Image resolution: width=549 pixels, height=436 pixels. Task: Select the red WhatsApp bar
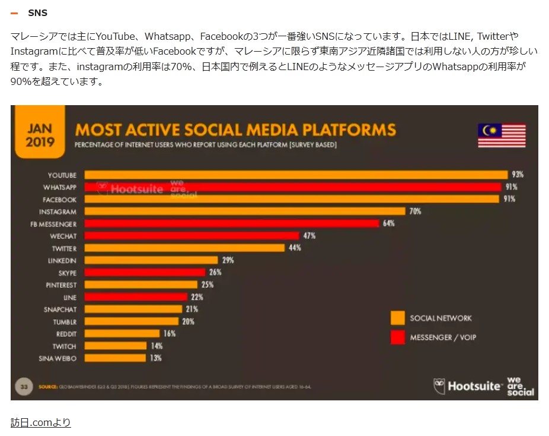[292, 187]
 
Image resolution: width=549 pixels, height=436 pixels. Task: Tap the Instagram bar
[244, 211]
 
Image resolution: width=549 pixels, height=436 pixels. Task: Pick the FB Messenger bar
[231, 223]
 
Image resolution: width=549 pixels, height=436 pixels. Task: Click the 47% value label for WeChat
[309, 236]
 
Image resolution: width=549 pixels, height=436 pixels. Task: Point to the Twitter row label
[64, 248]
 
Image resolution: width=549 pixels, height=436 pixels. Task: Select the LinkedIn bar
[151, 260]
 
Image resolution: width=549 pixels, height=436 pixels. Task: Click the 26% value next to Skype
[215, 273]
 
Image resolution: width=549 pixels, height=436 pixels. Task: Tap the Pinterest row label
[61, 285]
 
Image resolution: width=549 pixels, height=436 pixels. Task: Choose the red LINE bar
[136, 297]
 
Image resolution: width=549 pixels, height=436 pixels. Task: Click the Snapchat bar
[133, 309]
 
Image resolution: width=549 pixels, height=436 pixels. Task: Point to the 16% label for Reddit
[170, 334]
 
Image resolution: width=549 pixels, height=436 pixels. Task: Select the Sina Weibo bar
[115, 358]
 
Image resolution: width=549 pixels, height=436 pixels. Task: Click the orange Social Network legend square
[397, 318]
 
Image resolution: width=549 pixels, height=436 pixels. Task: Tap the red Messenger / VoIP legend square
[397, 337]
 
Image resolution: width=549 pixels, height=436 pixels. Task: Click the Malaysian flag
[502, 135]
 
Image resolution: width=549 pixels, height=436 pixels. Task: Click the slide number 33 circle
[24, 387]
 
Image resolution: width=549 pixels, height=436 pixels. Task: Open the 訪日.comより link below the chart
[41, 422]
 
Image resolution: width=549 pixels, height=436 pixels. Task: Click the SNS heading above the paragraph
[38, 12]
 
